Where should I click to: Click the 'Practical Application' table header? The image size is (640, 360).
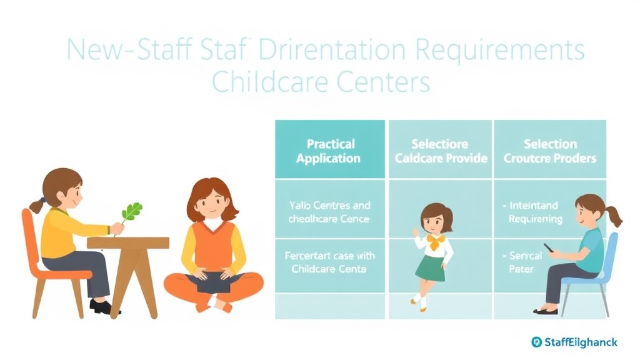(329, 151)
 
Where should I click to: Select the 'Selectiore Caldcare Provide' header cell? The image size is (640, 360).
(441, 151)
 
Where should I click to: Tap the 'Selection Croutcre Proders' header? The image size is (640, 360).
(550, 151)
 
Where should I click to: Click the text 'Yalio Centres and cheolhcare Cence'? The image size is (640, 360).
(329, 212)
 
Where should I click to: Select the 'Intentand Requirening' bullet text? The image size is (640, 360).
(535, 212)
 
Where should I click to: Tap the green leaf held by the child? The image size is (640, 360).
(131, 212)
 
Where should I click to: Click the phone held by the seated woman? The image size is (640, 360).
(548, 248)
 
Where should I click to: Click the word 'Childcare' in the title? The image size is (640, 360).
(270, 82)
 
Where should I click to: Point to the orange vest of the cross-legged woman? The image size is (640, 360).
(213, 247)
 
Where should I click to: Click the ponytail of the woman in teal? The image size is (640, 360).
(614, 214)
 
